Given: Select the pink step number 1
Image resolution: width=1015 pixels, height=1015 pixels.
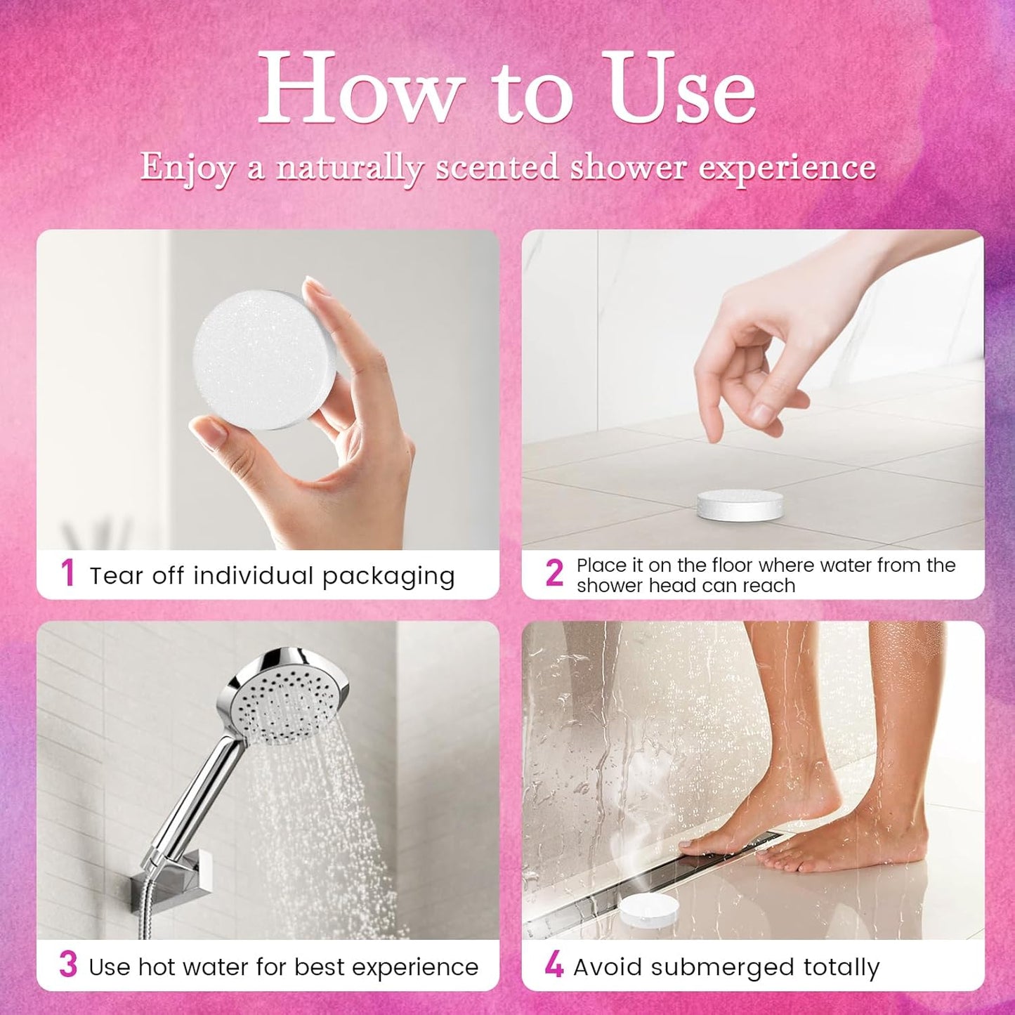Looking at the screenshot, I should coord(67,573).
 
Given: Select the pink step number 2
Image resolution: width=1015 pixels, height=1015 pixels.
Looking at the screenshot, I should coord(554,573).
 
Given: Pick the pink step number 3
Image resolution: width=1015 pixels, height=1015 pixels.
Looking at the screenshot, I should coord(68,964).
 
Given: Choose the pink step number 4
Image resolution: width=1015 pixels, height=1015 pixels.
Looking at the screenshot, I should coord(554,965).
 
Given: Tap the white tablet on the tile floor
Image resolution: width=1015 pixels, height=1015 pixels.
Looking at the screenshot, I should coord(740,505).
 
